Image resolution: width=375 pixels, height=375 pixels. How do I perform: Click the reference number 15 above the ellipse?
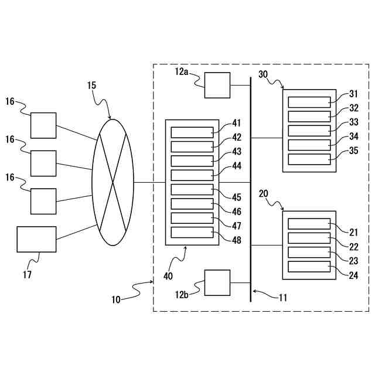point(91,86)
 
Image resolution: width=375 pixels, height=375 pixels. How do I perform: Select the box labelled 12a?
point(217,85)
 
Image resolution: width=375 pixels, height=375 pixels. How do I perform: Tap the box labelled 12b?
point(217,282)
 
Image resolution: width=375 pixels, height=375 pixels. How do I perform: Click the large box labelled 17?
point(36,239)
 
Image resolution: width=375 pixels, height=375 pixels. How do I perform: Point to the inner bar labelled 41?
point(192,132)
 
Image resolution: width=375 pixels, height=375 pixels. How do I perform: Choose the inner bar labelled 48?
point(192,232)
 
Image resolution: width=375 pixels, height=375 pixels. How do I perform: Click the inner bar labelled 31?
point(309,102)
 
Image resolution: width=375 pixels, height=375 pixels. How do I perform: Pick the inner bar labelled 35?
point(309,159)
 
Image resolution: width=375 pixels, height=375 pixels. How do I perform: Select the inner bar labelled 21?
point(309,224)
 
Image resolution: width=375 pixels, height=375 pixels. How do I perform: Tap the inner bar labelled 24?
point(309,267)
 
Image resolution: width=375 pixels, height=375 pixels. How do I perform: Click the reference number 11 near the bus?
point(283,298)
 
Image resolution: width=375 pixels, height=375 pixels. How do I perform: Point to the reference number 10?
point(116,299)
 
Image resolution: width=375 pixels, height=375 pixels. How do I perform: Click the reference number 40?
point(168,276)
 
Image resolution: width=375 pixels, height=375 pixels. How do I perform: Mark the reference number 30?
point(263,74)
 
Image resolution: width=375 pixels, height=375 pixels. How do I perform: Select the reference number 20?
point(264,193)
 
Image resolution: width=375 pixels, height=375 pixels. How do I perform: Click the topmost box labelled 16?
point(43,125)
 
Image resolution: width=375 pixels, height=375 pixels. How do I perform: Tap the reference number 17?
point(28,275)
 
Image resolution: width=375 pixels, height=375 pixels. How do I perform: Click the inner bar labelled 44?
point(192,175)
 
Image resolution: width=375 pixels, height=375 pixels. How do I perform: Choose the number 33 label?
point(354,122)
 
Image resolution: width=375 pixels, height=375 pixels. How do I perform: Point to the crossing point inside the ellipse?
point(112,182)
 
